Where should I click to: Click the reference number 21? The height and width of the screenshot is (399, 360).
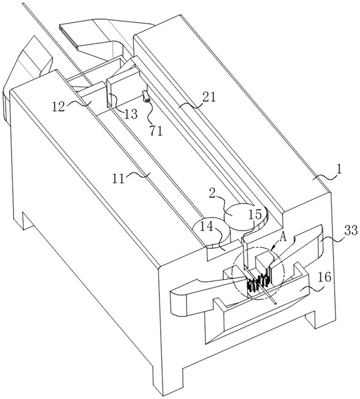[x=209, y=97]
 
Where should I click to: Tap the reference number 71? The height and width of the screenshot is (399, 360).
[x=156, y=131]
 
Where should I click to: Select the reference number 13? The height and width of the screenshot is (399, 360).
[x=131, y=114]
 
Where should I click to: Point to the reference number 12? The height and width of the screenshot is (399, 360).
[x=59, y=106]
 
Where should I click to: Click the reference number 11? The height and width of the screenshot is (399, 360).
[x=119, y=179]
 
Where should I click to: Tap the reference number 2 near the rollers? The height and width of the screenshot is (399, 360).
[x=213, y=194]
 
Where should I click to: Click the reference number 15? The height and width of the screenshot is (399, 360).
[x=255, y=214]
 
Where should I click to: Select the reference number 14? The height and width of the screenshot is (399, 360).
[x=206, y=227]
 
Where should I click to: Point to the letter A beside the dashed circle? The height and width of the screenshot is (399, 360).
[x=283, y=238]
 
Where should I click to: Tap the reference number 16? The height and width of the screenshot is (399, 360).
[x=325, y=277]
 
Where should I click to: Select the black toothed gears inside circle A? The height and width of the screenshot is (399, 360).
[x=259, y=282]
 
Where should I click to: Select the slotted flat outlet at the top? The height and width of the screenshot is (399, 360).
[x=68, y=35]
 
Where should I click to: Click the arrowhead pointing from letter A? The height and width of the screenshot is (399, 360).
[x=273, y=247]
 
